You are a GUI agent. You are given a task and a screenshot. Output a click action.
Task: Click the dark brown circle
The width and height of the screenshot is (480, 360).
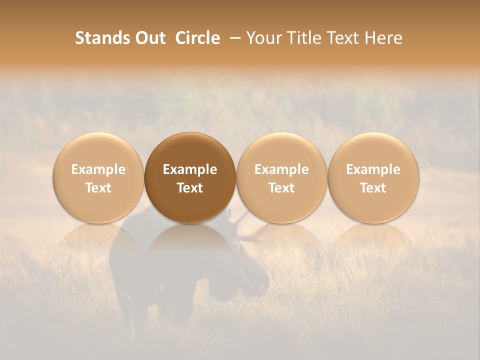[190, 178]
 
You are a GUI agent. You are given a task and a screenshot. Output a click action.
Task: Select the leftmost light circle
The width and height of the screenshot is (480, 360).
[98, 178]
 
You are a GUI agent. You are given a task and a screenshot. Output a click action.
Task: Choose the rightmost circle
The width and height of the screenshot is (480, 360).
[373, 178]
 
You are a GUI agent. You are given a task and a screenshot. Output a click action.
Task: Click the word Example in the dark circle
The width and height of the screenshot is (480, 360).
[190, 169]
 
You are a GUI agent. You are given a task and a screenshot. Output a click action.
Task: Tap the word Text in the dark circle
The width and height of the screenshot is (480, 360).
[190, 188]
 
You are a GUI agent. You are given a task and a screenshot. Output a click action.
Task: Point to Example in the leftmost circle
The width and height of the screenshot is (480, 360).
[98, 169]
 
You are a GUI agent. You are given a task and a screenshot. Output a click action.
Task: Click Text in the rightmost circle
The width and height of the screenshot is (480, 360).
[373, 188]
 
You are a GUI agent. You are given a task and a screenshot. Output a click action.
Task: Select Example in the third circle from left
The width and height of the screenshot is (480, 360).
[281, 169]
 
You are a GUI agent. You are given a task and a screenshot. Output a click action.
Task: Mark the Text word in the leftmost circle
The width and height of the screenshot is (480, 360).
[98, 188]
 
